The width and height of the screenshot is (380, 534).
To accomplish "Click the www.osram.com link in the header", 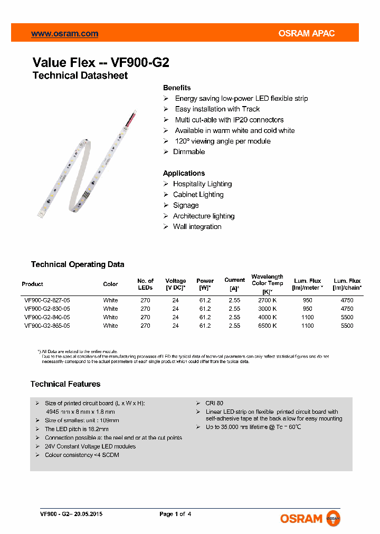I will [x=64, y=34].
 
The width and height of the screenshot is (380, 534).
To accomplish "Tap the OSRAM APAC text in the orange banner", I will [x=307, y=34].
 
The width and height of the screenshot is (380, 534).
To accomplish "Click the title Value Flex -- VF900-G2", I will [x=101, y=62].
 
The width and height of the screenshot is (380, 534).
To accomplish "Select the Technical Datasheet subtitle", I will [x=80, y=75].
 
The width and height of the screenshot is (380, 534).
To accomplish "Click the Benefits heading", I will [x=177, y=88].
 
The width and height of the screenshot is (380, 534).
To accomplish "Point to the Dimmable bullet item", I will [x=189, y=152].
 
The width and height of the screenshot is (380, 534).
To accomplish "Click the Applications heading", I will [x=184, y=173].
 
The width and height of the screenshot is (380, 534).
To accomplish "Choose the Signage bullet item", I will [x=186, y=205].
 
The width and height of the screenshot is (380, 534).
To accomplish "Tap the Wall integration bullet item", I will [x=197, y=227].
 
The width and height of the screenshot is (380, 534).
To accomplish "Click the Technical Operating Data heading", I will [x=78, y=264].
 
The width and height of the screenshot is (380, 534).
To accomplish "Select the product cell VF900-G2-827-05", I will [x=47, y=300].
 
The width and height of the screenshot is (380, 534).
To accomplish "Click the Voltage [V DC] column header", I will [x=176, y=284].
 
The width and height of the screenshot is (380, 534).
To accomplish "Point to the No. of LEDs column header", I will [x=145, y=284].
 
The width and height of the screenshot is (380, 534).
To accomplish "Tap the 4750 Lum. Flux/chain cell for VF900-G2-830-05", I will [x=347, y=309].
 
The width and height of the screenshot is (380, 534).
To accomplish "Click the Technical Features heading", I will [x=65, y=384].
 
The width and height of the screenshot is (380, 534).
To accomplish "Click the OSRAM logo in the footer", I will [x=310, y=519].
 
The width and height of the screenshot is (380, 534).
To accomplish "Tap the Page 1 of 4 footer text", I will [x=175, y=514].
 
